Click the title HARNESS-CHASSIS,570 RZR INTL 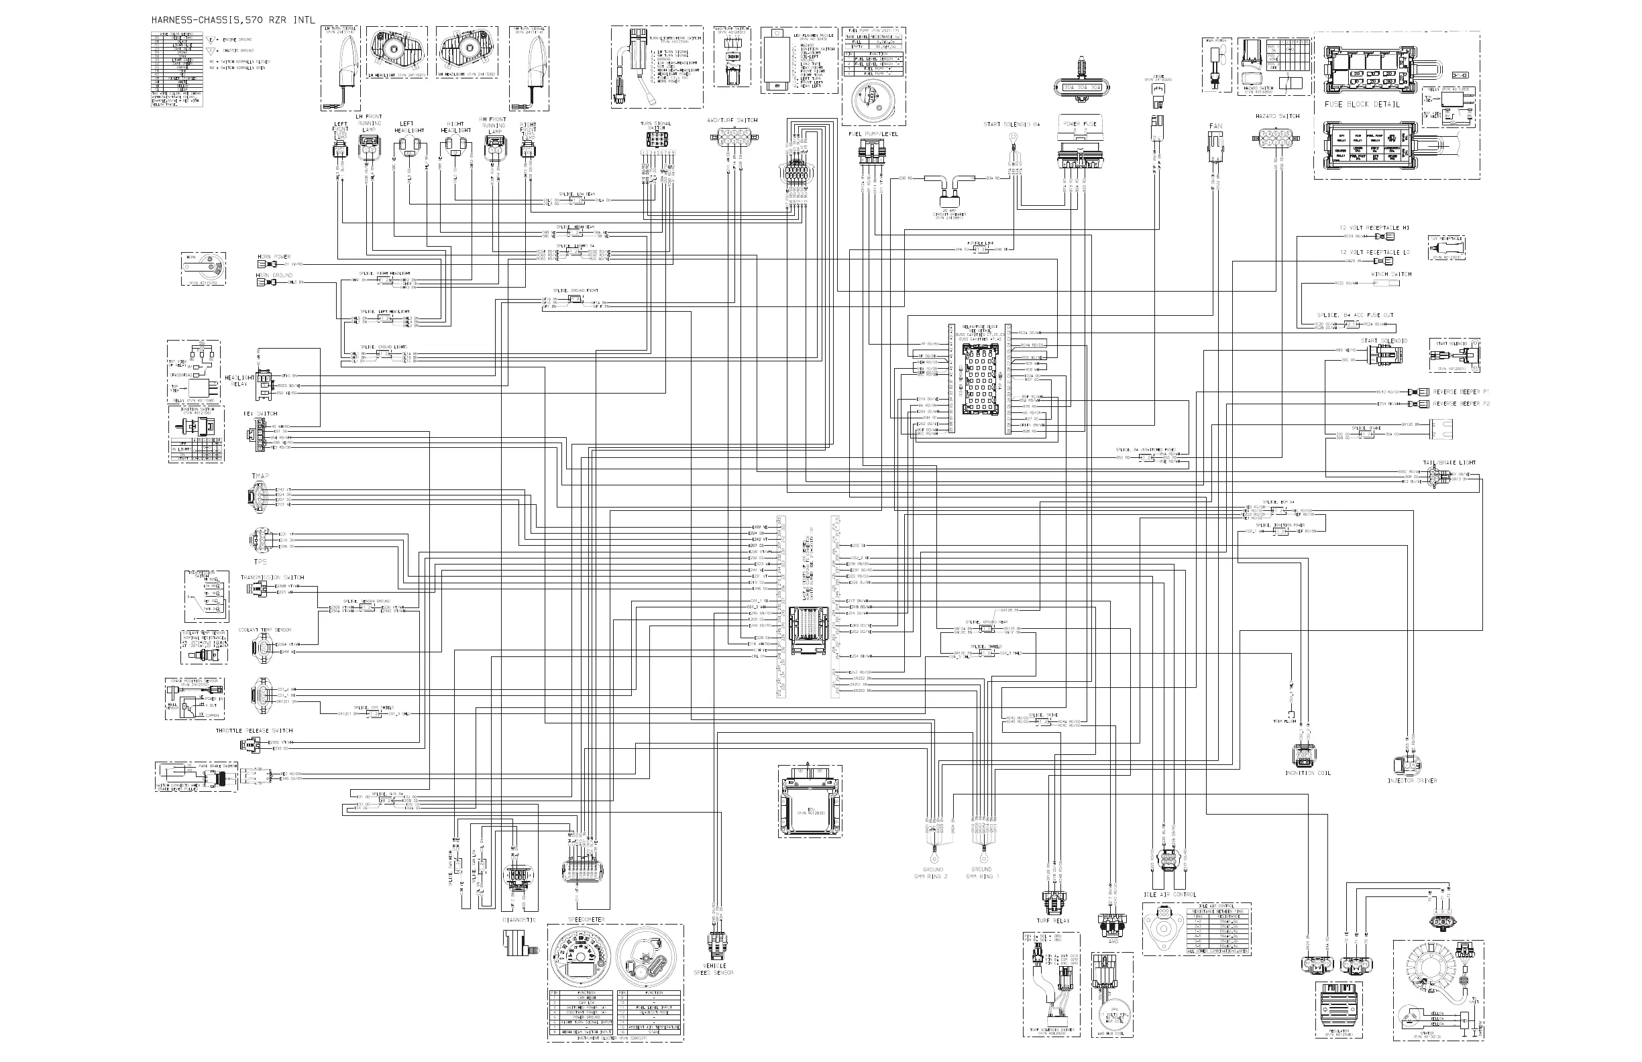click(233, 20)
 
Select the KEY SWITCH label click(260, 414)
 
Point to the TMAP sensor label click(260, 477)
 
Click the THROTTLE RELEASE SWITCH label click(254, 730)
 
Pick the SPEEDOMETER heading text click(586, 920)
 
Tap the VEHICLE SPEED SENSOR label click(714, 969)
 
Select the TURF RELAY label click(1053, 921)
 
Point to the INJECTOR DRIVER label click(1412, 780)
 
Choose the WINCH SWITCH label click(1391, 274)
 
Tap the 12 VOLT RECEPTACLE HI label click(1374, 227)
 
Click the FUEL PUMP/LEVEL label click(873, 134)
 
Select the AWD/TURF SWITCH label click(732, 120)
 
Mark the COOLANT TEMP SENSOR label click(265, 630)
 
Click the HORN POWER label click(274, 257)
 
